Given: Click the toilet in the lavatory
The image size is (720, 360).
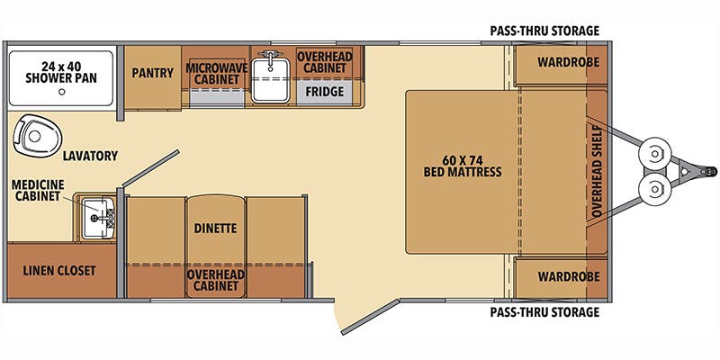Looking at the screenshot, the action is (37, 135).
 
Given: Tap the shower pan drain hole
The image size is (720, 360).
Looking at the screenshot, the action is (61, 92).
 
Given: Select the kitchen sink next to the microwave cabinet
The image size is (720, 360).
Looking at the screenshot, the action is (271, 77).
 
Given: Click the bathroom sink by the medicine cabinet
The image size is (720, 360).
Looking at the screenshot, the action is (98, 218).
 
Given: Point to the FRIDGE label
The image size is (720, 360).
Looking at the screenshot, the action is (325, 92).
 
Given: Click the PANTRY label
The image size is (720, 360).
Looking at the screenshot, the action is (152, 73).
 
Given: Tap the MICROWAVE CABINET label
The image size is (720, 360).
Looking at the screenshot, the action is (216, 74).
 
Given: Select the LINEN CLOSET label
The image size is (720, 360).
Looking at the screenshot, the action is (59, 271).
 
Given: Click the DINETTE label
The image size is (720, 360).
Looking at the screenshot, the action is (215, 229).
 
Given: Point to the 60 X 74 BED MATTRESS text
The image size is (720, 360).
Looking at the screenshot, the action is (463, 166).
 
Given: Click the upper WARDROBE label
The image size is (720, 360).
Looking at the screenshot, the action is (569, 62).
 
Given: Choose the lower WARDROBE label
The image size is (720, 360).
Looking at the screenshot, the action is (569, 276).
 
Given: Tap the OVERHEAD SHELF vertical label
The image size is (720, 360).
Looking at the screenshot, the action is (597, 171).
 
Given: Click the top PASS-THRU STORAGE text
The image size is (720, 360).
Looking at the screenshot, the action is (544, 31).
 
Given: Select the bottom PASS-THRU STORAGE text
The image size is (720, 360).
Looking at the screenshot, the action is (544, 312).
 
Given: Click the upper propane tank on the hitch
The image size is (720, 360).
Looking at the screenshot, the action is (655, 153).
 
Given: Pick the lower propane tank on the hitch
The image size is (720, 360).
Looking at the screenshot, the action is (655, 189).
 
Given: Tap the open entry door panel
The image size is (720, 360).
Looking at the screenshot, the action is (370, 317).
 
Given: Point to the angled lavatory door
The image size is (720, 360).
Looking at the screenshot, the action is (150, 168).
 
